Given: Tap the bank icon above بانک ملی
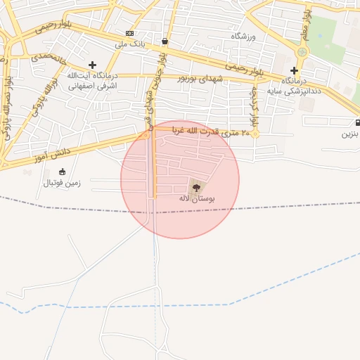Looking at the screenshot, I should point(129,34).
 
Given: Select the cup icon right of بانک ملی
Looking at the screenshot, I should point(165,41).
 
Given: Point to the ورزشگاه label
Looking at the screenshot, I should point(245,35).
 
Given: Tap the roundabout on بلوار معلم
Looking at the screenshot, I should point(302,51).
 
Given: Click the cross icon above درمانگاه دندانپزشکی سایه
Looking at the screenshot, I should point(294,70).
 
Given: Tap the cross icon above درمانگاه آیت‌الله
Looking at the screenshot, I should point(92,65).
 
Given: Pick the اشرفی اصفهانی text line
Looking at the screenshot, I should point(92,85).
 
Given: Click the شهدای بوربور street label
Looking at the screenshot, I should point(202,79).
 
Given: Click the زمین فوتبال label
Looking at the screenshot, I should point(62,183).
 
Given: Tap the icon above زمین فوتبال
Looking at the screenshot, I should point(62,172).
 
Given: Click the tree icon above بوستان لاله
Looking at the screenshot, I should point(196,188).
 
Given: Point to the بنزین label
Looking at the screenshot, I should point(351,133).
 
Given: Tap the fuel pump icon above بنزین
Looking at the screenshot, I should point(357,122).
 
